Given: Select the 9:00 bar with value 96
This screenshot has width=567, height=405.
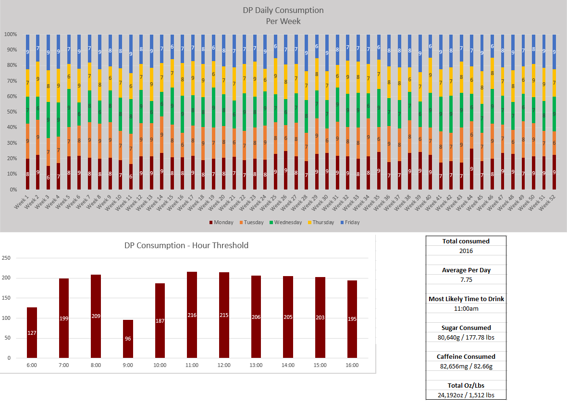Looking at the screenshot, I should [128, 339].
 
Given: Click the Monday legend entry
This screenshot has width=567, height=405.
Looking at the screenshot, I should [221, 222].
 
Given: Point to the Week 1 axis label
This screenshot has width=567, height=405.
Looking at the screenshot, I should [21, 201].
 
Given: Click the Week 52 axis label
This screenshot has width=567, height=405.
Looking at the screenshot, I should [547, 201].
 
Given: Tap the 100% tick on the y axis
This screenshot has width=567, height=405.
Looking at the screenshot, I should [11, 35].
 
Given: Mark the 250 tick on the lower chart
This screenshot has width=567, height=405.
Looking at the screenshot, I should [6, 258].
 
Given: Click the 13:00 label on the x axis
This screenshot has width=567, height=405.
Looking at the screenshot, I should [256, 365].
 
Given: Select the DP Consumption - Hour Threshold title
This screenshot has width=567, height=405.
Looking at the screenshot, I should [186, 245].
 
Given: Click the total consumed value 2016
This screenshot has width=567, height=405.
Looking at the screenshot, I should [466, 251].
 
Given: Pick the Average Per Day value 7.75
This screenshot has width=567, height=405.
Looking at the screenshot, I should [466, 279].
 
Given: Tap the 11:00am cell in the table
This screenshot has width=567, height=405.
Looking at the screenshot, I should [466, 308].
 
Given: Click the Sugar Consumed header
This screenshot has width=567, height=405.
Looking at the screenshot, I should [466, 328].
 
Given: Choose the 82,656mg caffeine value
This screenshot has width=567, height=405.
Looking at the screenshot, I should [466, 366].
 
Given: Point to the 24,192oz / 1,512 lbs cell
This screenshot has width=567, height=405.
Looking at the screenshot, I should [466, 395].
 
